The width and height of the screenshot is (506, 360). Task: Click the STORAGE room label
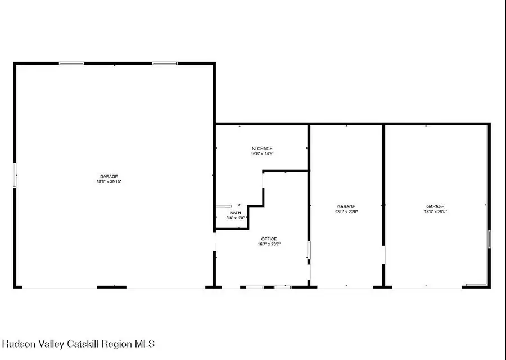click(x=262, y=148)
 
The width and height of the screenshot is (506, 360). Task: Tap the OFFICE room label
click(x=269, y=239)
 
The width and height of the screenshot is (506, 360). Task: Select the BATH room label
click(x=235, y=213)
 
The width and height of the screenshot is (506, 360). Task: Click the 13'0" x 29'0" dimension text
click(x=346, y=212)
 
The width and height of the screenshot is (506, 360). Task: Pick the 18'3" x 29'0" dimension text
click(x=435, y=212)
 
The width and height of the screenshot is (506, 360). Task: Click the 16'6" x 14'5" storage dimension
click(x=262, y=154)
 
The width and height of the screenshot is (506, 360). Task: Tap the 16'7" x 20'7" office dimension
click(x=269, y=244)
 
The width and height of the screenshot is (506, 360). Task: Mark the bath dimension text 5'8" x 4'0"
click(x=235, y=218)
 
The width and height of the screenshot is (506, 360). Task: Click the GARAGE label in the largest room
click(x=109, y=177)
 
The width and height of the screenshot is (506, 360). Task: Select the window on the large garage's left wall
click(x=15, y=174)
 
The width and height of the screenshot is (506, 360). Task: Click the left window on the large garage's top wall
click(x=71, y=64)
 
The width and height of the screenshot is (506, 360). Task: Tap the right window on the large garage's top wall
click(x=165, y=64)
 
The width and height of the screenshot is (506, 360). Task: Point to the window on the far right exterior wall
click(x=489, y=238)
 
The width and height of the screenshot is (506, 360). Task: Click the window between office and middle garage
click(x=308, y=250)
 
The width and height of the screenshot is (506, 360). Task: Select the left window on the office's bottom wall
click(x=255, y=287)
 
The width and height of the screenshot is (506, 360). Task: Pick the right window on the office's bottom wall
click(x=282, y=287)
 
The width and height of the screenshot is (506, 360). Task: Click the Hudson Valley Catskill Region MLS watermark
click(x=79, y=344)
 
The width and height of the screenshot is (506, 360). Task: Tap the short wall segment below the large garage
click(x=111, y=287)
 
